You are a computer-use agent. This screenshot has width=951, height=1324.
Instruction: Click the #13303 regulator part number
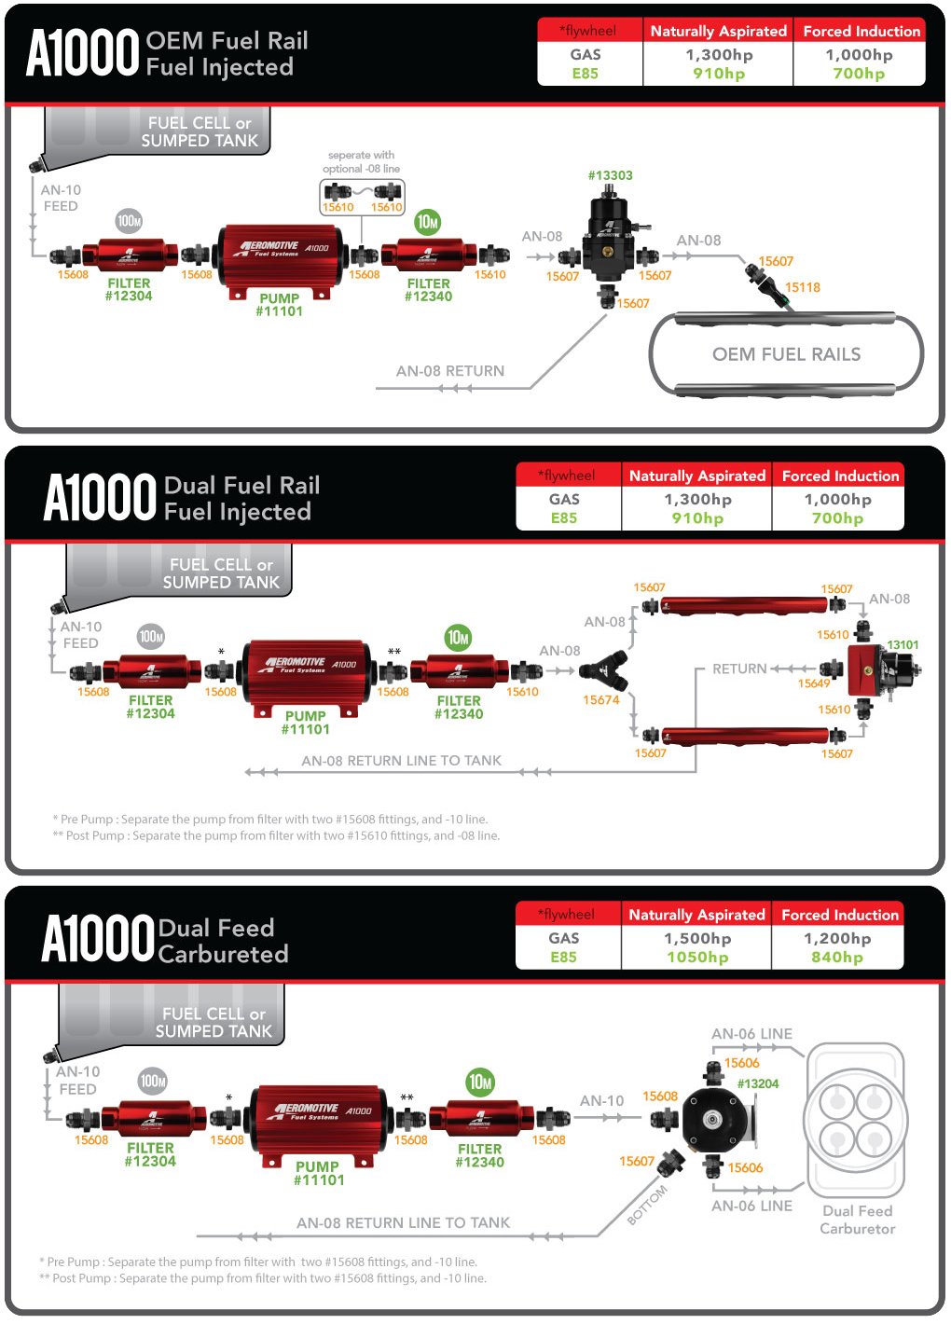(610, 175)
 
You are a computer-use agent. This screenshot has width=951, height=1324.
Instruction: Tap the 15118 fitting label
(802, 287)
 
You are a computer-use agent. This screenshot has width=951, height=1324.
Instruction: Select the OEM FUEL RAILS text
(786, 354)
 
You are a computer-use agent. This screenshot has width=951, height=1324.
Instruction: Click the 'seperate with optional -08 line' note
(361, 162)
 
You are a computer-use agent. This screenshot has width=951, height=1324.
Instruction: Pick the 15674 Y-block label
(600, 700)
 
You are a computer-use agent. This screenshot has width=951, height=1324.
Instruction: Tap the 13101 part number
(903, 644)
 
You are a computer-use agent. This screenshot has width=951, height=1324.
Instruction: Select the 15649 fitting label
(813, 683)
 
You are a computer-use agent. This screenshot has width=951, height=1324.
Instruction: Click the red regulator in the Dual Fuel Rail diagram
(872, 669)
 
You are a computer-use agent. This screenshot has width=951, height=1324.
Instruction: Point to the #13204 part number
(757, 1083)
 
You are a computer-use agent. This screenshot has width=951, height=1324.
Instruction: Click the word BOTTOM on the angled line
(647, 1205)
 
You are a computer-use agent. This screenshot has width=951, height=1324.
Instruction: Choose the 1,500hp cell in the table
(696, 939)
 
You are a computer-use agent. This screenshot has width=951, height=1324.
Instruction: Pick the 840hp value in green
(836, 957)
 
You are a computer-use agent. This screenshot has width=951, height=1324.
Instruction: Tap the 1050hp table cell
(696, 957)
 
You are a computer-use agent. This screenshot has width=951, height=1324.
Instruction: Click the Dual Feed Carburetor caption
(857, 1220)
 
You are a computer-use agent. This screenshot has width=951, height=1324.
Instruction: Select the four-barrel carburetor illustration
(855, 1120)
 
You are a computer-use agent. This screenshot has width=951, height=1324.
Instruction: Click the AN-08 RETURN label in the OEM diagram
(449, 371)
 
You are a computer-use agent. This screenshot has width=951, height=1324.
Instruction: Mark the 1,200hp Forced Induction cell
(836, 939)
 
